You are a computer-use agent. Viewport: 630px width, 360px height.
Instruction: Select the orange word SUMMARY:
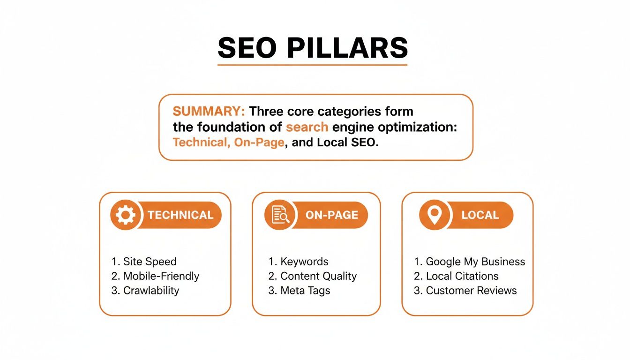(209, 112)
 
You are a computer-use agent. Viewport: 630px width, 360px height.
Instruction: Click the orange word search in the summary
(307, 127)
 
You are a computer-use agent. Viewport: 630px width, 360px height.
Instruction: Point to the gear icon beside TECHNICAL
(125, 215)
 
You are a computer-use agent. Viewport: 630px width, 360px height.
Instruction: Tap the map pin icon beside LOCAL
(435, 215)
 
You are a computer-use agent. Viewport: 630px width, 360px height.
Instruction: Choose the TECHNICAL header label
(180, 215)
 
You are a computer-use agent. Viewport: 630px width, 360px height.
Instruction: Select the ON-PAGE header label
(331, 215)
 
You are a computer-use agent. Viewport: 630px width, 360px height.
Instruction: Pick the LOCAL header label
(480, 215)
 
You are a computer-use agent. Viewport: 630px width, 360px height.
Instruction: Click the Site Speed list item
(144, 262)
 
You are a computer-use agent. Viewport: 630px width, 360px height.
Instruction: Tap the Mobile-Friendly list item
(156, 276)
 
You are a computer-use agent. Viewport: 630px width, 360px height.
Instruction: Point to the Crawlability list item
(145, 291)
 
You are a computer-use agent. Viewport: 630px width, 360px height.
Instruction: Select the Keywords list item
(299, 262)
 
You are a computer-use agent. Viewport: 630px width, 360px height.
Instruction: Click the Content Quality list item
(313, 276)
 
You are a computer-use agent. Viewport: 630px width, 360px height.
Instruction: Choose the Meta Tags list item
(300, 291)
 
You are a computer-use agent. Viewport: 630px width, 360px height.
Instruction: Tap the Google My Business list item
(470, 262)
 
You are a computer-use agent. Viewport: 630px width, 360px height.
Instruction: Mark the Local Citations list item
(456, 276)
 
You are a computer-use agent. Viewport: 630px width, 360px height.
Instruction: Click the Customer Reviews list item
(465, 291)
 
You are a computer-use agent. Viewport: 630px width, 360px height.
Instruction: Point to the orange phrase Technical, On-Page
(229, 142)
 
